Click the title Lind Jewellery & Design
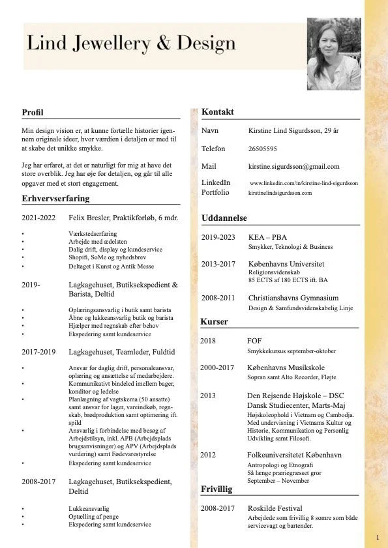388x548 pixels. coord(131,43)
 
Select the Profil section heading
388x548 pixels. coord(32,112)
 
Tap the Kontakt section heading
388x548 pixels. coord(218,112)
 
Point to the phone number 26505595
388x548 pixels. coord(263,149)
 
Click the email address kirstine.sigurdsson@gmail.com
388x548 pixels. coord(294,166)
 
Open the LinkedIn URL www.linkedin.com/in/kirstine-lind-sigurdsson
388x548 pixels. coord(304,183)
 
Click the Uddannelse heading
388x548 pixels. coord(224,217)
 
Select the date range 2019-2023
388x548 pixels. coord(218,237)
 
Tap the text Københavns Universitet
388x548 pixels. coord(286,264)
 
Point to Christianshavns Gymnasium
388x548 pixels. coord(293,297)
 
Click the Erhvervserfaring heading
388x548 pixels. coord(55,198)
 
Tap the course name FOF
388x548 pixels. coord(254,341)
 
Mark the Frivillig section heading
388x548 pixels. coord(216,488)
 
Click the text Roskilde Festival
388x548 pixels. coord(275,508)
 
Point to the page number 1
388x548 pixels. coord(378,538)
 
